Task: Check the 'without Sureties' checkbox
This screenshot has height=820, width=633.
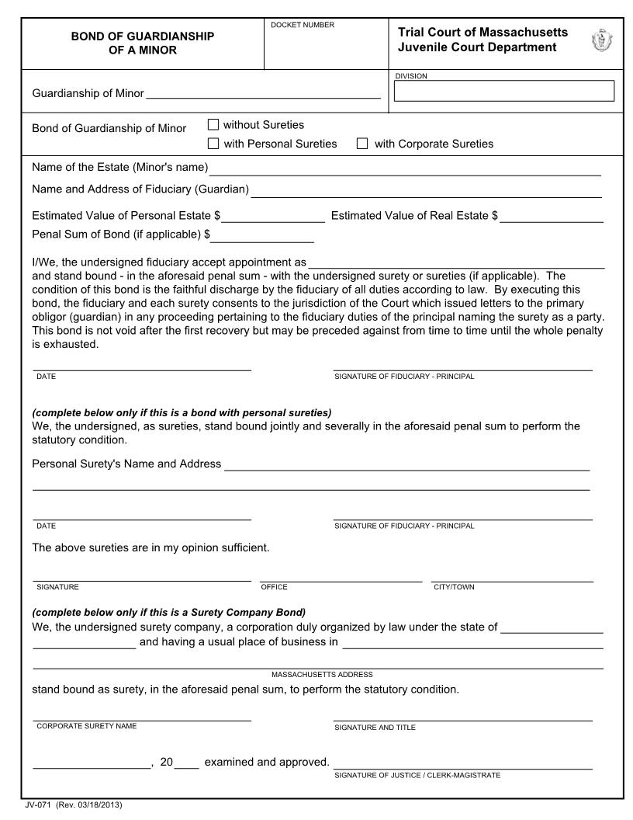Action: (x=213, y=124)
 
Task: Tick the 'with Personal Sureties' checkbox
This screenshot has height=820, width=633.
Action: (x=213, y=143)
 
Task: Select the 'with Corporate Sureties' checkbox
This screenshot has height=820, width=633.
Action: (x=361, y=143)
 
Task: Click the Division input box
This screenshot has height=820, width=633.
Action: (x=504, y=91)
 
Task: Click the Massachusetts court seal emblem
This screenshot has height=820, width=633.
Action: (x=600, y=40)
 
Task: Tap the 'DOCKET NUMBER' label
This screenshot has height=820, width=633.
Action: (x=303, y=25)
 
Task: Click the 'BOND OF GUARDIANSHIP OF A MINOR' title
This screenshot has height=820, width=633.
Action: (x=143, y=43)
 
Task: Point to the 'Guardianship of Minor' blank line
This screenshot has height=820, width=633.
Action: (x=263, y=95)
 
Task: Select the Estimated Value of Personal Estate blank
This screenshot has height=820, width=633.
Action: (x=273, y=218)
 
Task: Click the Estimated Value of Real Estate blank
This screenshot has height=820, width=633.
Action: (x=552, y=218)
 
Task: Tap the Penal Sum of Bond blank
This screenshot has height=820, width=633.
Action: (x=263, y=237)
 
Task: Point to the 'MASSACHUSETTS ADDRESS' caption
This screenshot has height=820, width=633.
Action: (x=322, y=674)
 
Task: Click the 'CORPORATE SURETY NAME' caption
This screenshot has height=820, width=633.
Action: (x=86, y=726)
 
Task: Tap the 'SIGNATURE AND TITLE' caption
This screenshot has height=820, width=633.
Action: (x=375, y=728)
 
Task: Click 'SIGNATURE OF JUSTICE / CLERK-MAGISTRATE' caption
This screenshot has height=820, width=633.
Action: (x=417, y=775)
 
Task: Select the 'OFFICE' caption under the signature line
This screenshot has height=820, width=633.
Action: (x=275, y=587)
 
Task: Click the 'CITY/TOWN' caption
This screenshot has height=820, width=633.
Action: (x=454, y=587)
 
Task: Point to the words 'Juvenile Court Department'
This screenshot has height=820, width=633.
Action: (x=477, y=47)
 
